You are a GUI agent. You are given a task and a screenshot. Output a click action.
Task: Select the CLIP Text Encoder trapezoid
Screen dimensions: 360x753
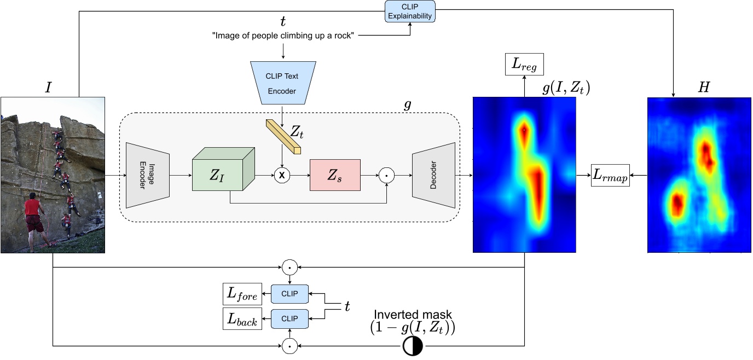pyautogui.click(x=282, y=83)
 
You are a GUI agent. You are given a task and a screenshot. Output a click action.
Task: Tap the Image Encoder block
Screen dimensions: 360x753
pyautogui.click(x=148, y=175)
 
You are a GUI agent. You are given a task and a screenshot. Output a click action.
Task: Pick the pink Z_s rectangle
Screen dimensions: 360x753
pyautogui.click(x=335, y=175)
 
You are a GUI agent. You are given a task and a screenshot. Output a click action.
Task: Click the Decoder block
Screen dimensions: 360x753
pyautogui.click(x=433, y=175)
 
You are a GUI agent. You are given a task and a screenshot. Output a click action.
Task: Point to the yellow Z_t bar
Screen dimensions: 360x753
pyautogui.click(x=283, y=136)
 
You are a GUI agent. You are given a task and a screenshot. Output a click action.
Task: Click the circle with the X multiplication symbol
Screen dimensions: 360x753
pyautogui.click(x=282, y=175)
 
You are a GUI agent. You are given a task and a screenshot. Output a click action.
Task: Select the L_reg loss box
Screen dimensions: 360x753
pyautogui.click(x=524, y=66)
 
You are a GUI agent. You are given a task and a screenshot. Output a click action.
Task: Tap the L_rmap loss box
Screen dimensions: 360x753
pyautogui.click(x=610, y=175)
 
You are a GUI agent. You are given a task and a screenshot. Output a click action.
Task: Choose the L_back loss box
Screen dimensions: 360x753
pyautogui.click(x=241, y=319)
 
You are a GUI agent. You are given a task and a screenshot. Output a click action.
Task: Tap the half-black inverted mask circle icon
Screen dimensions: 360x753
pyautogui.click(x=413, y=346)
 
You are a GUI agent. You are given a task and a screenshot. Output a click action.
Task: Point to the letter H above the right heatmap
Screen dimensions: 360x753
pyautogui.click(x=703, y=88)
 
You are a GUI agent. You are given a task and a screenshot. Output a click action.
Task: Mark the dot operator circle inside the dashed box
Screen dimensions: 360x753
pyautogui.click(x=386, y=175)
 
